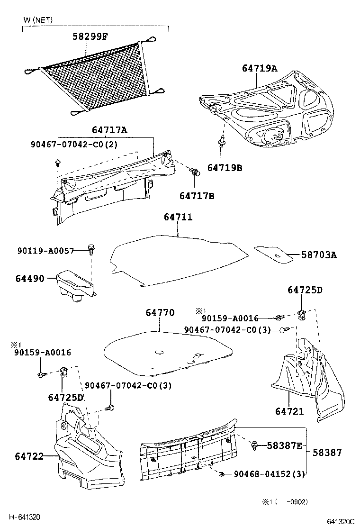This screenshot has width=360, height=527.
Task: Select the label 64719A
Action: [x=259, y=68]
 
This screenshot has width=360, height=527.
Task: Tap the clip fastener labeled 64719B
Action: [x=221, y=141]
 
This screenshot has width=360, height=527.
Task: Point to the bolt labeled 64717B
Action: [x=194, y=171]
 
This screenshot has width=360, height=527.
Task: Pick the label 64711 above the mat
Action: [x=178, y=217]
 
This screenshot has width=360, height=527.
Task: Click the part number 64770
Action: [x=160, y=313]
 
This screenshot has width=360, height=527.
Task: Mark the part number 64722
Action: [x=29, y=456]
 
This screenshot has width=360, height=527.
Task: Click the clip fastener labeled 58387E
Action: [x=255, y=445]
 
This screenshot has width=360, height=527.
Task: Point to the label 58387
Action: [x=326, y=452]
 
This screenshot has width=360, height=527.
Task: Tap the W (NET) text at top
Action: [x=38, y=20]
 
